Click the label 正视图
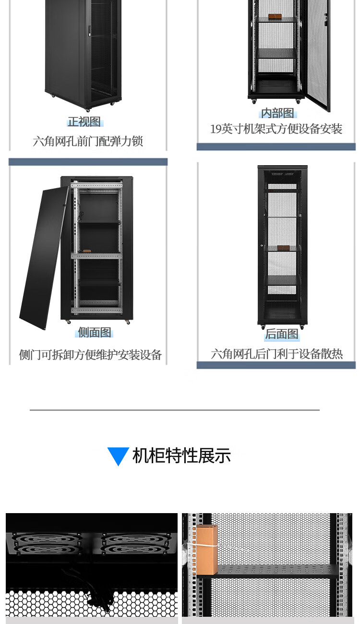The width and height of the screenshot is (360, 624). click(84, 122)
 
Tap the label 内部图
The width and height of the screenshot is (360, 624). click(277, 113)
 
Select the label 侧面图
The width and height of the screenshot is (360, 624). click(95, 332)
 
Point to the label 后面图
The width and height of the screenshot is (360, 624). click(282, 334)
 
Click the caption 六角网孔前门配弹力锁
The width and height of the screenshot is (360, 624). click(88, 141)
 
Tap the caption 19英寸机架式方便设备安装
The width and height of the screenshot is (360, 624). click(276, 129)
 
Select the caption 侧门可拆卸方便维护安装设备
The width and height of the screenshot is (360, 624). click(90, 355)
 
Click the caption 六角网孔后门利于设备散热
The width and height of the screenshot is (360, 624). click(276, 354)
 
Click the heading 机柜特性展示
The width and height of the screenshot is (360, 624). click(181, 456)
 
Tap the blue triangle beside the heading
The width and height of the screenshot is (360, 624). click(118, 455)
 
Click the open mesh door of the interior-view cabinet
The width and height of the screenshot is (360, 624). click(318, 53)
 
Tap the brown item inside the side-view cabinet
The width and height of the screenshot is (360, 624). click(87, 251)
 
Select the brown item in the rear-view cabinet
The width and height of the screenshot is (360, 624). click(283, 248)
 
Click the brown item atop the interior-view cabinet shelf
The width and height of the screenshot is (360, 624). click(276, 18)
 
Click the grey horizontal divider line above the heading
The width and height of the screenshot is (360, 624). click(174, 410)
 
